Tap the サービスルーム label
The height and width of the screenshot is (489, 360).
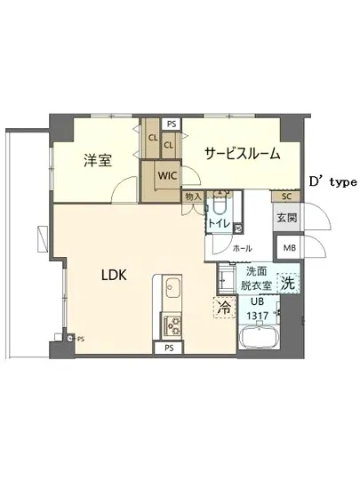243,153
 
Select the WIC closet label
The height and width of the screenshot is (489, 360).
167,175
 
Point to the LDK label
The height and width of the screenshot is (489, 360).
112,276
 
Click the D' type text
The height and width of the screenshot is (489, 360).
332,181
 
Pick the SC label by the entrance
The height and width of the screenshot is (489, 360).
286,196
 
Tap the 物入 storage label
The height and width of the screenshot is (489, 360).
193,196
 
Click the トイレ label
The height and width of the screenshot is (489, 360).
216,223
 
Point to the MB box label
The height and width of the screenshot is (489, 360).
289,247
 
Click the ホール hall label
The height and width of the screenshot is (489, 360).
241,249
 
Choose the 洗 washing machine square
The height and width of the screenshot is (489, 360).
288,284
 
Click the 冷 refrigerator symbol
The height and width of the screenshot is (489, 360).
223,307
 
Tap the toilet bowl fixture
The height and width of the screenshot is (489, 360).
218,204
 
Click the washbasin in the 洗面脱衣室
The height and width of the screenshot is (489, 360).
226,282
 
